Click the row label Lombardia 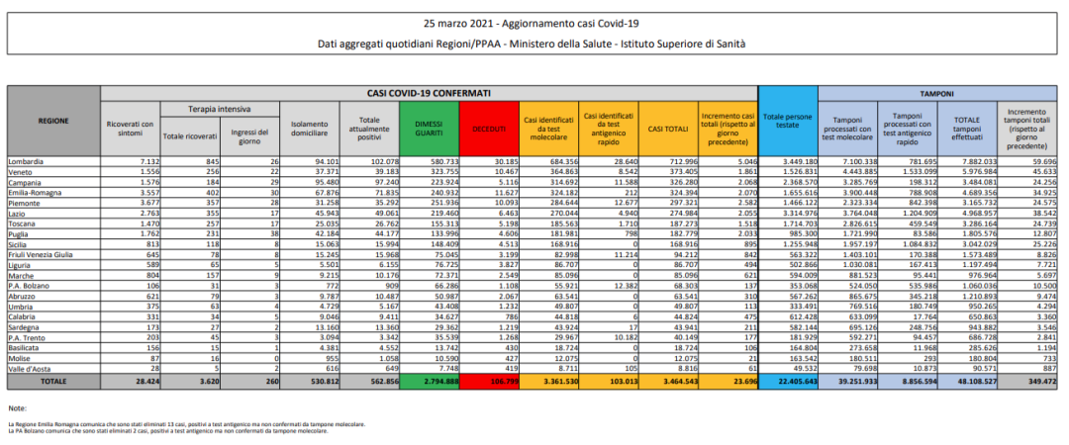pos(27,160)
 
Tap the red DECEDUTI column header pos(489,130)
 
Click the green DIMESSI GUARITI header pos(429,130)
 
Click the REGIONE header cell pos(53,121)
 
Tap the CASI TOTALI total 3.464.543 pos(671,380)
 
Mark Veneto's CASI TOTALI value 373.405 pos(673,170)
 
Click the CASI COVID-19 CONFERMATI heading pos(429,92)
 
